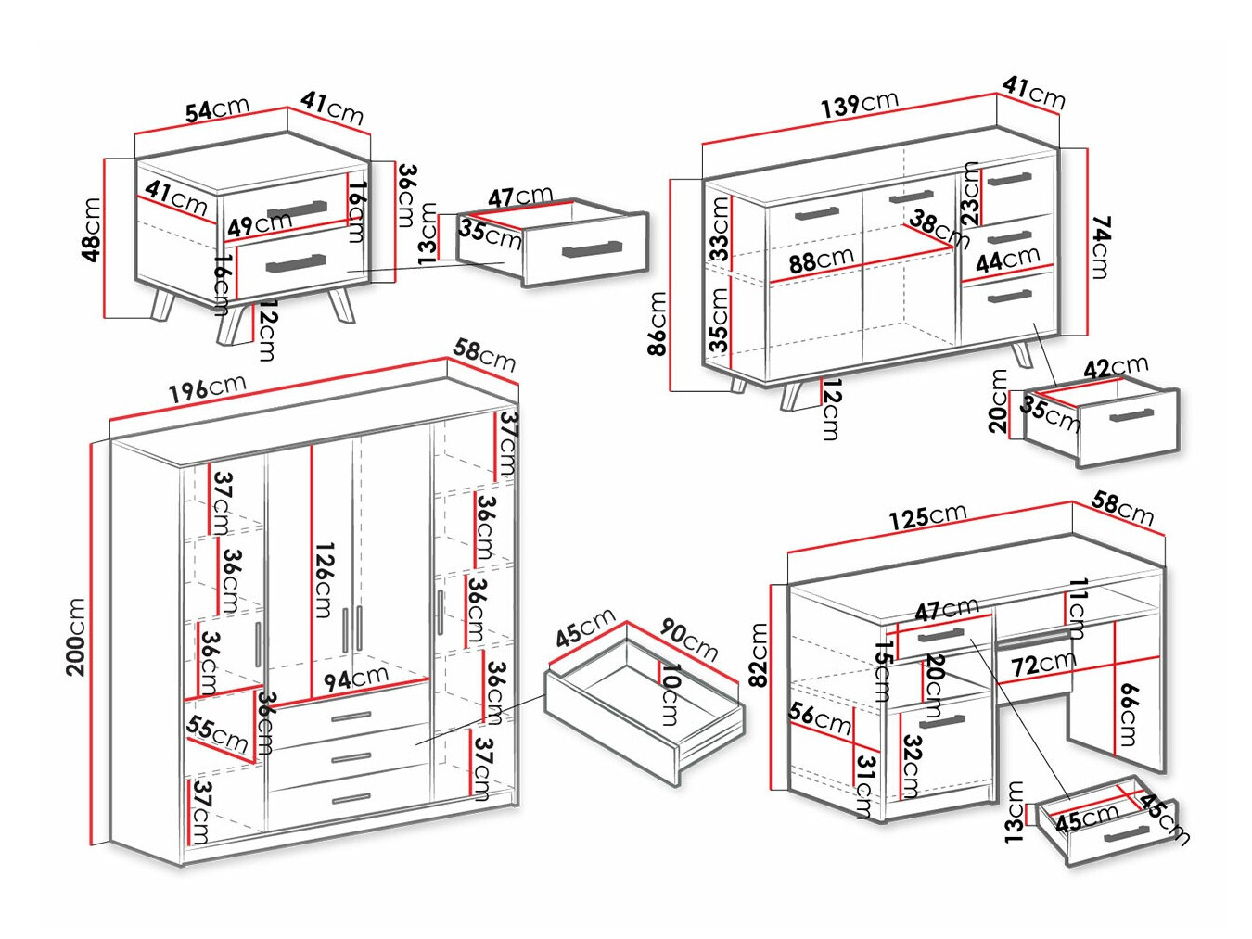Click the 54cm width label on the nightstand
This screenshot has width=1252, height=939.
click(x=217, y=109)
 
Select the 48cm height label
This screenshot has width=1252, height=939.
click(x=91, y=229)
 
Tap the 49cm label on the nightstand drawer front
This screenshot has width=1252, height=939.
click(x=260, y=223)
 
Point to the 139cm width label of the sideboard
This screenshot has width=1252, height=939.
click(x=859, y=104)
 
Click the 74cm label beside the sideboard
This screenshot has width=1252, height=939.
click(x=1101, y=247)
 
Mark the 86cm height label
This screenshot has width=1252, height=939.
click(x=658, y=323)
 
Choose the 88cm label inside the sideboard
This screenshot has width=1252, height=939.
click(x=821, y=260)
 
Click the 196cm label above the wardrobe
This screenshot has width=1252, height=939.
click(x=207, y=389)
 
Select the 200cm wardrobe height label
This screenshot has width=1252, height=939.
click(x=76, y=637)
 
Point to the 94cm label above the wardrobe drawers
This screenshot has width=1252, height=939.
click(x=355, y=679)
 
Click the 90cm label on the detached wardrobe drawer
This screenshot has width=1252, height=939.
click(x=689, y=639)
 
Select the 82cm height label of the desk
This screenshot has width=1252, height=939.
click(x=759, y=654)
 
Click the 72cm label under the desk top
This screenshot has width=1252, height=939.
click(x=1043, y=664)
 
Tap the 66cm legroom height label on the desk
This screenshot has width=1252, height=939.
click(x=1128, y=715)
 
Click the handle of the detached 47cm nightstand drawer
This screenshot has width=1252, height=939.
click(x=592, y=248)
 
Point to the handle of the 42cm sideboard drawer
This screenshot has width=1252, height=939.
click(x=1131, y=415)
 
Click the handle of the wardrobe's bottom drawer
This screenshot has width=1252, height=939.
click(x=351, y=797)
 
